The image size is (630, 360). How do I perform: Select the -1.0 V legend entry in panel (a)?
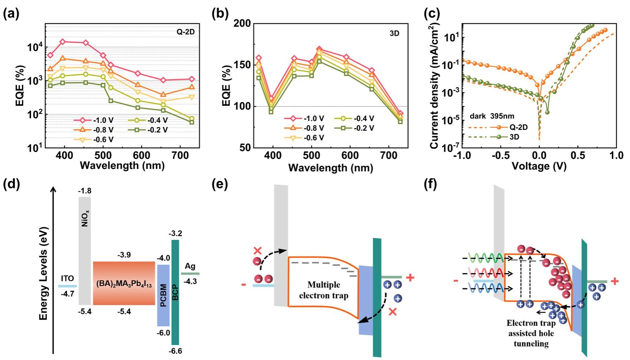[93, 120]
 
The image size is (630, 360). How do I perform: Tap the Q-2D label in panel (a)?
[186, 32]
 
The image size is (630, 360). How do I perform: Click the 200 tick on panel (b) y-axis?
[242, 24]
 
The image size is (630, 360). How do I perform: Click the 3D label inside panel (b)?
[394, 34]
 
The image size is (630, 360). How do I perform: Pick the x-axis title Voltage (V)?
[539, 166]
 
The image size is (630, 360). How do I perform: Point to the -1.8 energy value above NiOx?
[85, 191]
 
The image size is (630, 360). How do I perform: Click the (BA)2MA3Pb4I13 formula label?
[124, 284]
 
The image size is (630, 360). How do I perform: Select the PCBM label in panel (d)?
[163, 295]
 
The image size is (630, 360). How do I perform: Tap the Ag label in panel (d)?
[190, 266]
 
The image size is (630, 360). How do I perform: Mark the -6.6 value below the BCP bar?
[175, 351]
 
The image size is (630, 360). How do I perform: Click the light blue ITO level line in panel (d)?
[67, 286]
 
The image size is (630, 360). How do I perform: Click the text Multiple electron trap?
[323, 290]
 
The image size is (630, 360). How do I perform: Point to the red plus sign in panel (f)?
[614, 281]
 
